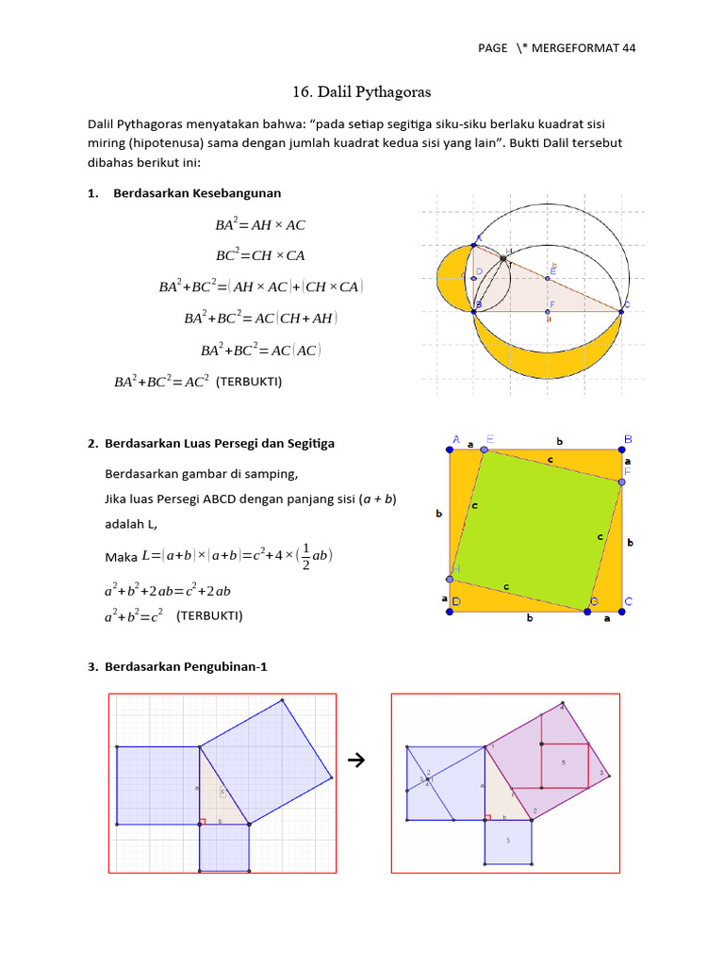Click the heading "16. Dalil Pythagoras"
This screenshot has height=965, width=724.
tap(361, 92)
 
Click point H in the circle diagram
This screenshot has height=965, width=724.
tap(503, 257)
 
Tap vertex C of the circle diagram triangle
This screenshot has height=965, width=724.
tap(621, 307)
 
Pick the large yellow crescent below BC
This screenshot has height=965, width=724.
tap(547, 354)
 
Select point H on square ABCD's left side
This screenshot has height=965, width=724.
tap(451, 580)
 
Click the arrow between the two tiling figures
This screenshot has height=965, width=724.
tap(356, 759)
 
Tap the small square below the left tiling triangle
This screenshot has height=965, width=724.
tap(224, 847)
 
